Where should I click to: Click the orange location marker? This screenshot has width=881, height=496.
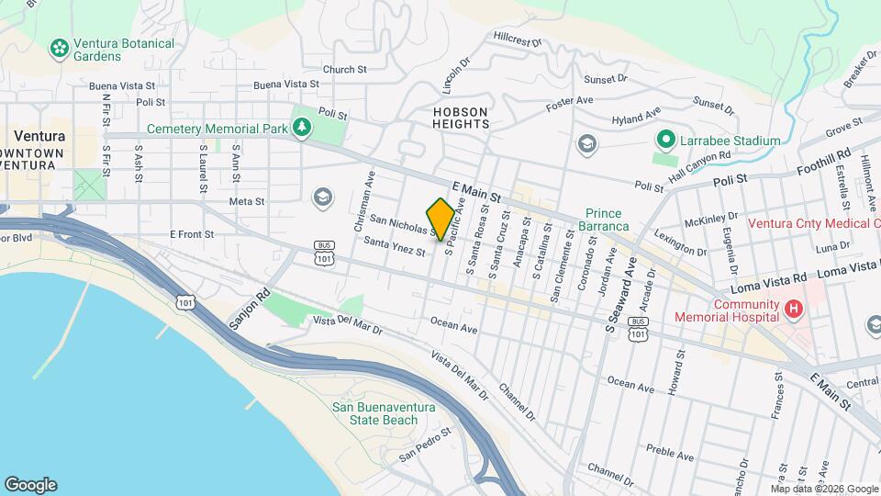point(440,219)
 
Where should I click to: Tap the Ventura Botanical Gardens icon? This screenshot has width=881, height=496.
point(61,46)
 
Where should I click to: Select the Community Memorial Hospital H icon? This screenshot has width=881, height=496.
point(791,310)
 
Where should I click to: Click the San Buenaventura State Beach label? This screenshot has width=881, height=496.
point(374,414)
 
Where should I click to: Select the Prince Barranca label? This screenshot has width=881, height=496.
point(608,220)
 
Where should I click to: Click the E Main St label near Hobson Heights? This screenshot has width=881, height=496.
point(474,190)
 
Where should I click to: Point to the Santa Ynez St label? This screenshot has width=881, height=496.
point(395,246)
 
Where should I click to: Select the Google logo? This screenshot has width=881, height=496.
point(30,484)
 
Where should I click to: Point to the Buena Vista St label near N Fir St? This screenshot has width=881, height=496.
point(116,85)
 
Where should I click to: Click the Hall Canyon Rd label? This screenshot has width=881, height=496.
point(699,162)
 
